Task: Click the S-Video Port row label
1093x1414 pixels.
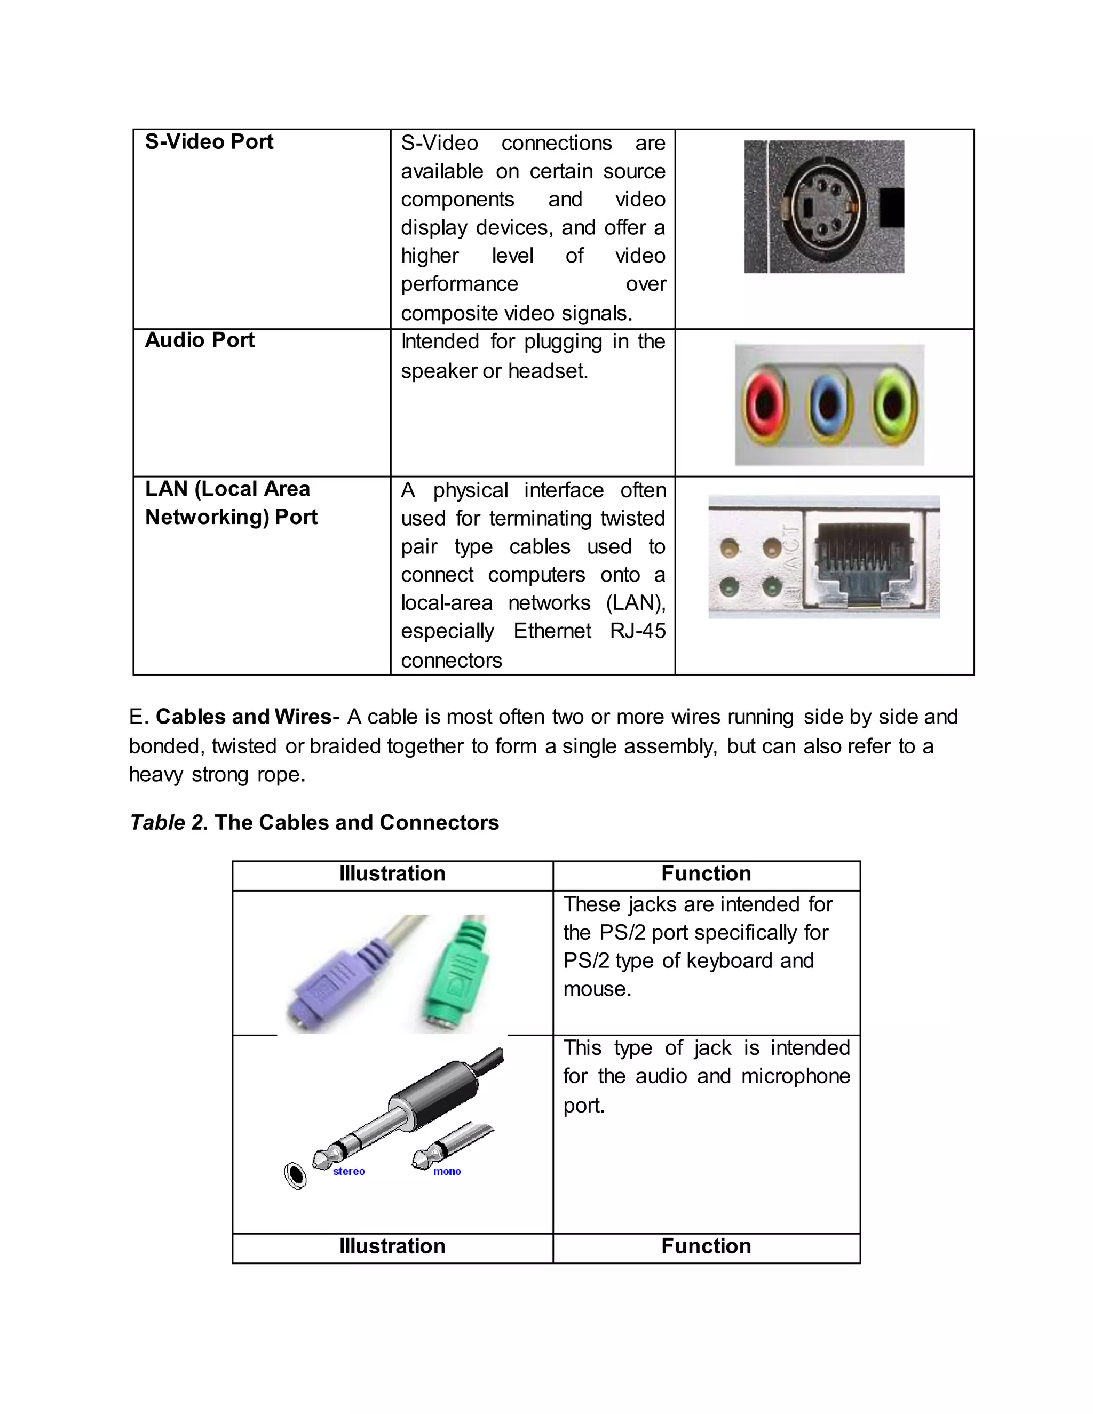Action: tap(209, 142)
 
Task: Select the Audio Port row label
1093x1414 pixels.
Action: tap(200, 340)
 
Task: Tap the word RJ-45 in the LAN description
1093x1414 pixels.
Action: tap(637, 631)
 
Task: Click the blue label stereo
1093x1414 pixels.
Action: tap(349, 1171)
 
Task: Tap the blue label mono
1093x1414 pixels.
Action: tap(447, 1171)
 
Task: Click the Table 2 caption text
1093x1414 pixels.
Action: tap(314, 822)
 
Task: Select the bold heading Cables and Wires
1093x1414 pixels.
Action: tap(243, 717)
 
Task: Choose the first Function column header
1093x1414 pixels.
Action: tap(706, 873)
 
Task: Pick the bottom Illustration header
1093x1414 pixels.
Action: tap(392, 1246)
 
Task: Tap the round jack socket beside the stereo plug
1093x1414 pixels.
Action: tap(295, 1175)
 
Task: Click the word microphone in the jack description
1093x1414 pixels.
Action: tap(795, 1076)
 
